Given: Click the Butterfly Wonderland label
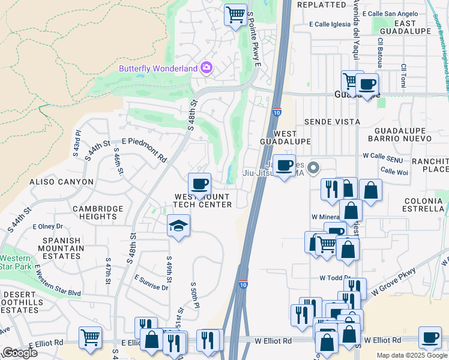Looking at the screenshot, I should point(158,68).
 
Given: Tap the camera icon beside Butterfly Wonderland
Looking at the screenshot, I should point(206,68).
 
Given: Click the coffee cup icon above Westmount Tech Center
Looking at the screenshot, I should point(199,183).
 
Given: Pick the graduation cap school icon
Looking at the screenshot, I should point(178,226).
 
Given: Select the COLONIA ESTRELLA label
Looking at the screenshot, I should point(415,205).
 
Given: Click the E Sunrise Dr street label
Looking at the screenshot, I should point(151,283).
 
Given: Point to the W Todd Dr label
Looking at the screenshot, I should point(334,278).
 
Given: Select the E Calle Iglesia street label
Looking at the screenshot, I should point(329,25).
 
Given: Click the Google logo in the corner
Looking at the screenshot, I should point(20,352).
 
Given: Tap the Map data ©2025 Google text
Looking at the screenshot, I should point(412,355).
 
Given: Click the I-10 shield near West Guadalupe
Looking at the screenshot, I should point(276,112).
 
